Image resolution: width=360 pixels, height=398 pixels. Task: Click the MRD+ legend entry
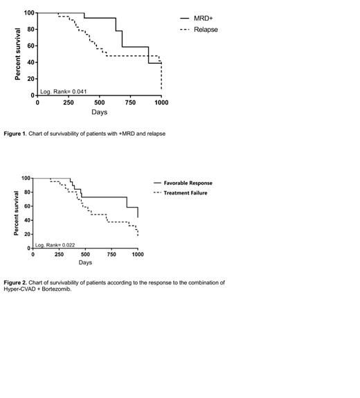pos(206,19)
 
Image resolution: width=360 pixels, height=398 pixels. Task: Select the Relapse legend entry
pos(207,30)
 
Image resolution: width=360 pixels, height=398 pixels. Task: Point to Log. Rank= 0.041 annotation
pos(64,91)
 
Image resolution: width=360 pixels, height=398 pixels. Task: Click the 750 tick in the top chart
pos(130,102)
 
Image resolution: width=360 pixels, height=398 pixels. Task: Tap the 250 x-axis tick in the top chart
pos(69,102)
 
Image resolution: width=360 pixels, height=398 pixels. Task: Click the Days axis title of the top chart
pos(99,112)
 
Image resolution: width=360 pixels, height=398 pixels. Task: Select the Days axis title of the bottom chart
pos(85,263)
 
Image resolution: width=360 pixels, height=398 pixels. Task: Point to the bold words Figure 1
pos(15,133)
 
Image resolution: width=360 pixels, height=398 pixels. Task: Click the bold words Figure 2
pos(15,282)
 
